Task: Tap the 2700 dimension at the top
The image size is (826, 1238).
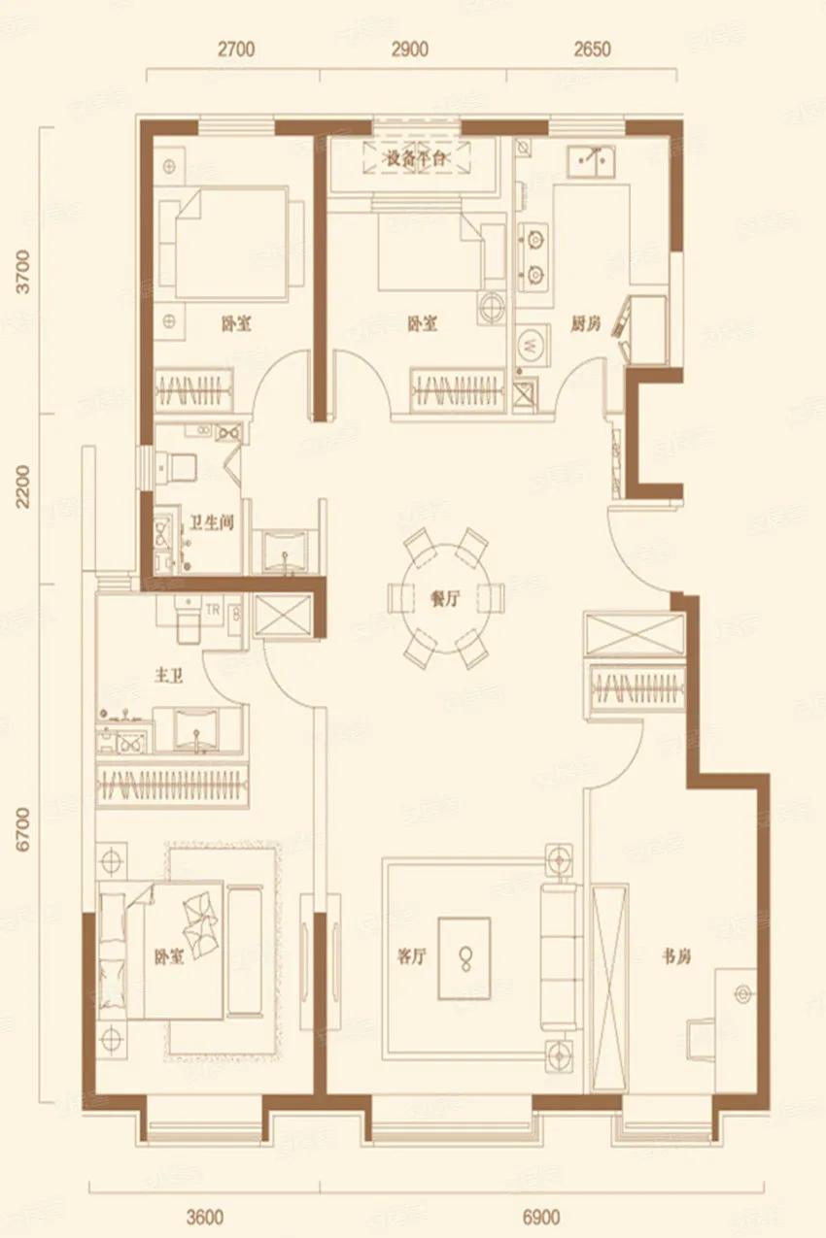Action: click(235, 50)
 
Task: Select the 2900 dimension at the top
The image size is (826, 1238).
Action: click(409, 50)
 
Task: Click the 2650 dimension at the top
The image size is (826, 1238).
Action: click(592, 50)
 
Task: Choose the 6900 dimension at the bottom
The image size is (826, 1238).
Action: click(542, 1217)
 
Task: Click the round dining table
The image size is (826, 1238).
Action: click(448, 596)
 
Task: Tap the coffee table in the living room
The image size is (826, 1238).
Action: click(464, 958)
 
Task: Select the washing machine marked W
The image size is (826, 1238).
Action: click(531, 344)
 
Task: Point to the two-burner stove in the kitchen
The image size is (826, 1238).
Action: click(533, 255)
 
